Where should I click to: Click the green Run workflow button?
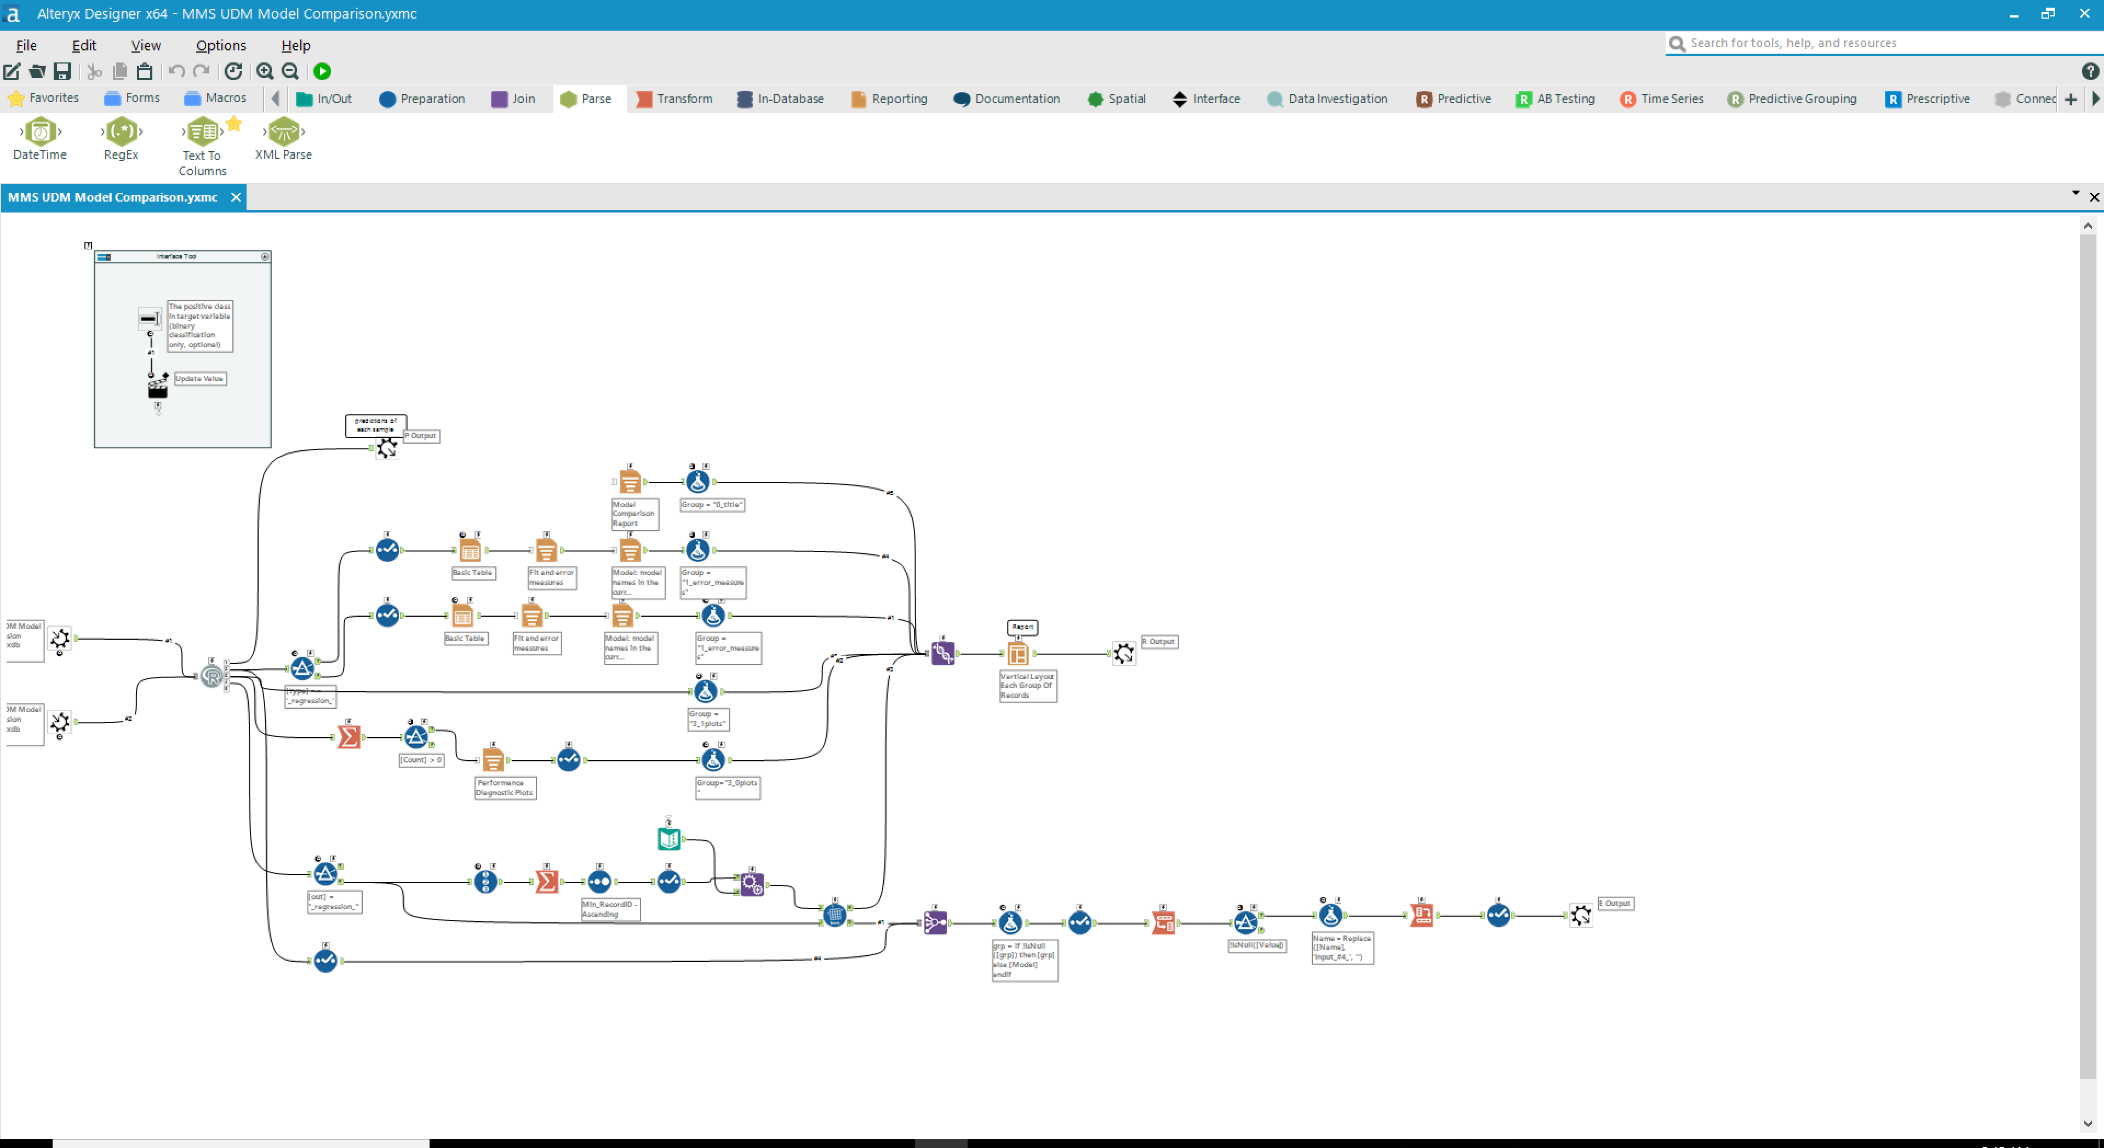click(322, 71)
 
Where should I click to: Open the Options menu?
click(220, 45)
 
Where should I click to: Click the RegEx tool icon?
click(121, 131)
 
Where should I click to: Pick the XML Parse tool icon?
click(283, 131)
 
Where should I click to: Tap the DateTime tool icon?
click(40, 131)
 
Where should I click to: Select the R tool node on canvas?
click(211, 677)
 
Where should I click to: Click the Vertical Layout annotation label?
click(1027, 686)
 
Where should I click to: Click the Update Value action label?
click(199, 379)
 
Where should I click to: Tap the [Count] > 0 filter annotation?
click(421, 760)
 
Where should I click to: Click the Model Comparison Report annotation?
click(634, 514)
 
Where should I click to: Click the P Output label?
click(421, 436)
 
